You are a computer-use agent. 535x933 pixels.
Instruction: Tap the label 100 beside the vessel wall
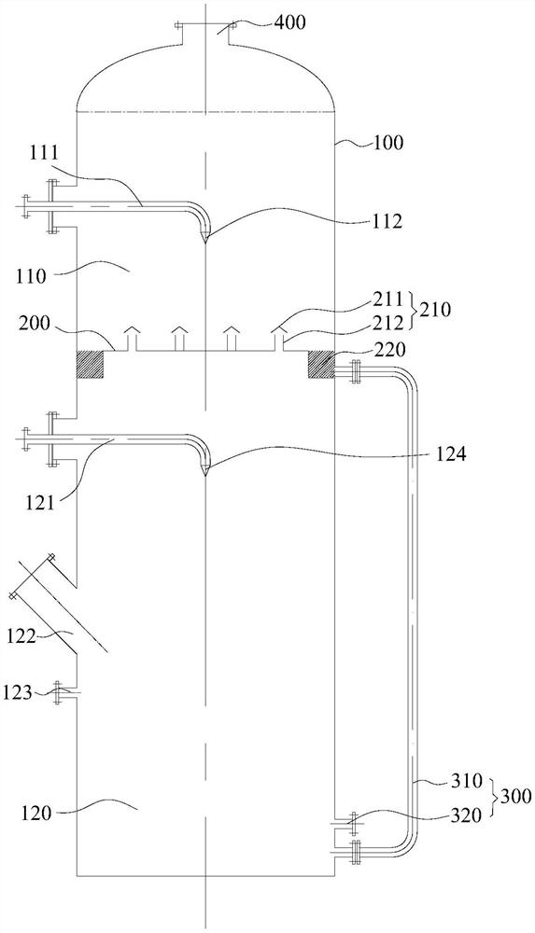click(x=387, y=143)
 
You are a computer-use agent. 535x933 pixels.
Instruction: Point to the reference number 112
click(x=386, y=221)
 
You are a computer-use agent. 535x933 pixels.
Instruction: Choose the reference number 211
click(x=388, y=298)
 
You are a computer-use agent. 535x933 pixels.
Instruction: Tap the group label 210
click(x=435, y=310)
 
